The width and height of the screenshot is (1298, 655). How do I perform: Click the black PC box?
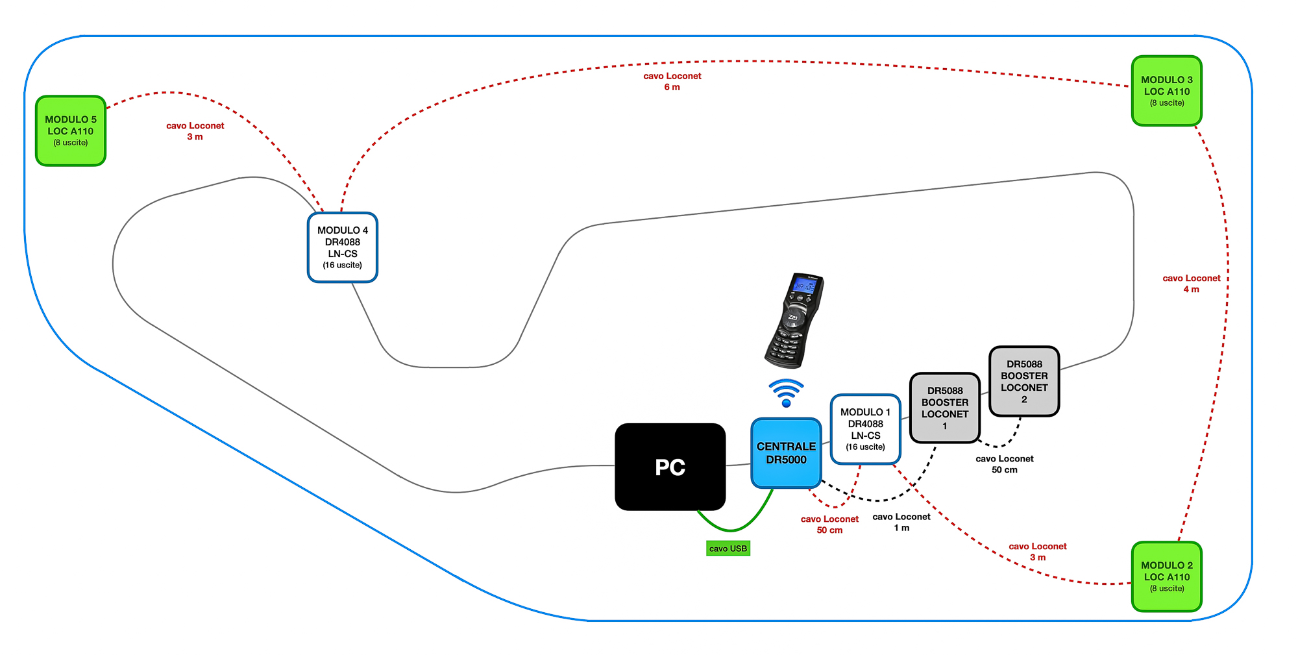(670, 467)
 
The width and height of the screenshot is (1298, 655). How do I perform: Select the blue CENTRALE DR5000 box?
(786, 453)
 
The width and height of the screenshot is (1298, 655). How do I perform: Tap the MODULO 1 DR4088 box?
(865, 429)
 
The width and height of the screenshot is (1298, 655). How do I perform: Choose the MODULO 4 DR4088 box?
(342, 247)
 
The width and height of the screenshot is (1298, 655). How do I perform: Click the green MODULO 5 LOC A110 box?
(71, 130)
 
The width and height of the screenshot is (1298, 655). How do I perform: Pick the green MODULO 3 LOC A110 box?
(1166, 91)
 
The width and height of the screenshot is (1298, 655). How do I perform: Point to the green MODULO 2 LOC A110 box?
(1166, 576)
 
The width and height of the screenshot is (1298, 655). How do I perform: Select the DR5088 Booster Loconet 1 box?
(944, 408)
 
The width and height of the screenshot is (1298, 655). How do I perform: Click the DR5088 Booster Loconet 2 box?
(1023, 381)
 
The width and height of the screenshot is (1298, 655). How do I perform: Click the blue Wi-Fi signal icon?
(786, 393)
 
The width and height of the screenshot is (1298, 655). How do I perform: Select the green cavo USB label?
(728, 549)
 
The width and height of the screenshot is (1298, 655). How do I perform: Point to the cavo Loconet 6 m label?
(672, 81)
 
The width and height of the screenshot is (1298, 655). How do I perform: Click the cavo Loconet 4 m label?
(1191, 284)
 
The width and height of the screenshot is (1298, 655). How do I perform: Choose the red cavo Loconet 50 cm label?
(829, 525)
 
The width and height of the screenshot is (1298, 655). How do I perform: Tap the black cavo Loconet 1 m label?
(901, 522)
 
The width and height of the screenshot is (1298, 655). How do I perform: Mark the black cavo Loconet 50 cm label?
(1004, 464)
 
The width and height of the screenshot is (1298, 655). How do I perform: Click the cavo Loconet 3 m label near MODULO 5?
(195, 131)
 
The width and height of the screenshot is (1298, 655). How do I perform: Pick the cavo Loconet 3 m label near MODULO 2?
(1037, 552)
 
